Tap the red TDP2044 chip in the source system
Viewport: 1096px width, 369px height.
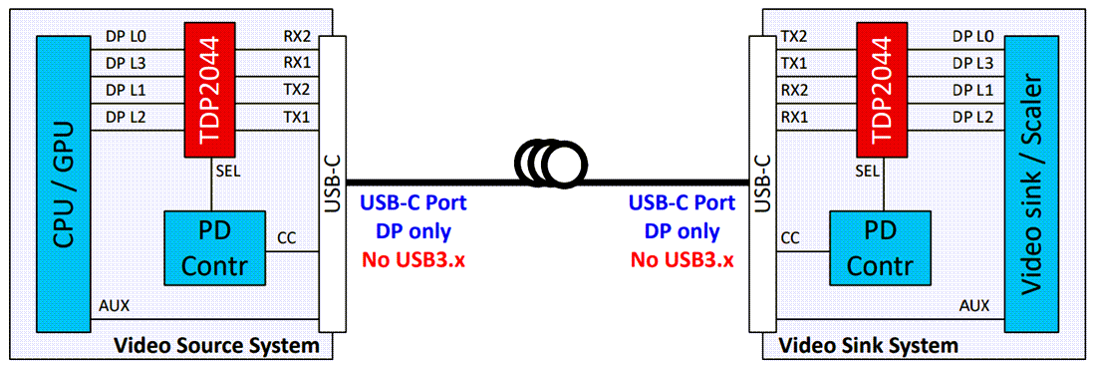(x=208, y=89)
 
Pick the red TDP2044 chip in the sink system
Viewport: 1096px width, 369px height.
(x=881, y=89)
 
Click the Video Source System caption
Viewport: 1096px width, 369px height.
(x=217, y=346)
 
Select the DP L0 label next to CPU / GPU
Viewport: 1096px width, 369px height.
(x=126, y=37)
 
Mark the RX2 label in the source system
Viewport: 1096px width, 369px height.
(x=297, y=37)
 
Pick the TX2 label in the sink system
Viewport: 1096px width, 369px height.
(x=795, y=37)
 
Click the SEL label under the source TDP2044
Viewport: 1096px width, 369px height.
(x=227, y=172)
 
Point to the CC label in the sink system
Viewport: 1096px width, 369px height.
(x=790, y=238)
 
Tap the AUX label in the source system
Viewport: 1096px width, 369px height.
(x=114, y=306)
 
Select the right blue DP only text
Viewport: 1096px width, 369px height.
(x=681, y=232)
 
